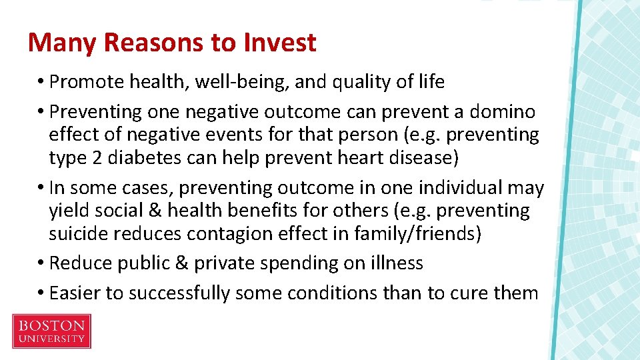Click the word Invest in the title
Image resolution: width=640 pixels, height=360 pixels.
tap(279, 43)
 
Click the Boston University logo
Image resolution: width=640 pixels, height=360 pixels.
tap(51, 331)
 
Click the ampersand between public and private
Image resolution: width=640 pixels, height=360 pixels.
tap(181, 263)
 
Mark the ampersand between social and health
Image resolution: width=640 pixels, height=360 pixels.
tap(155, 211)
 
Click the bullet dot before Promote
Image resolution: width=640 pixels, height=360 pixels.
tap(41, 83)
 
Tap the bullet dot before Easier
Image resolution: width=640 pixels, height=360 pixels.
tap(41, 293)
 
